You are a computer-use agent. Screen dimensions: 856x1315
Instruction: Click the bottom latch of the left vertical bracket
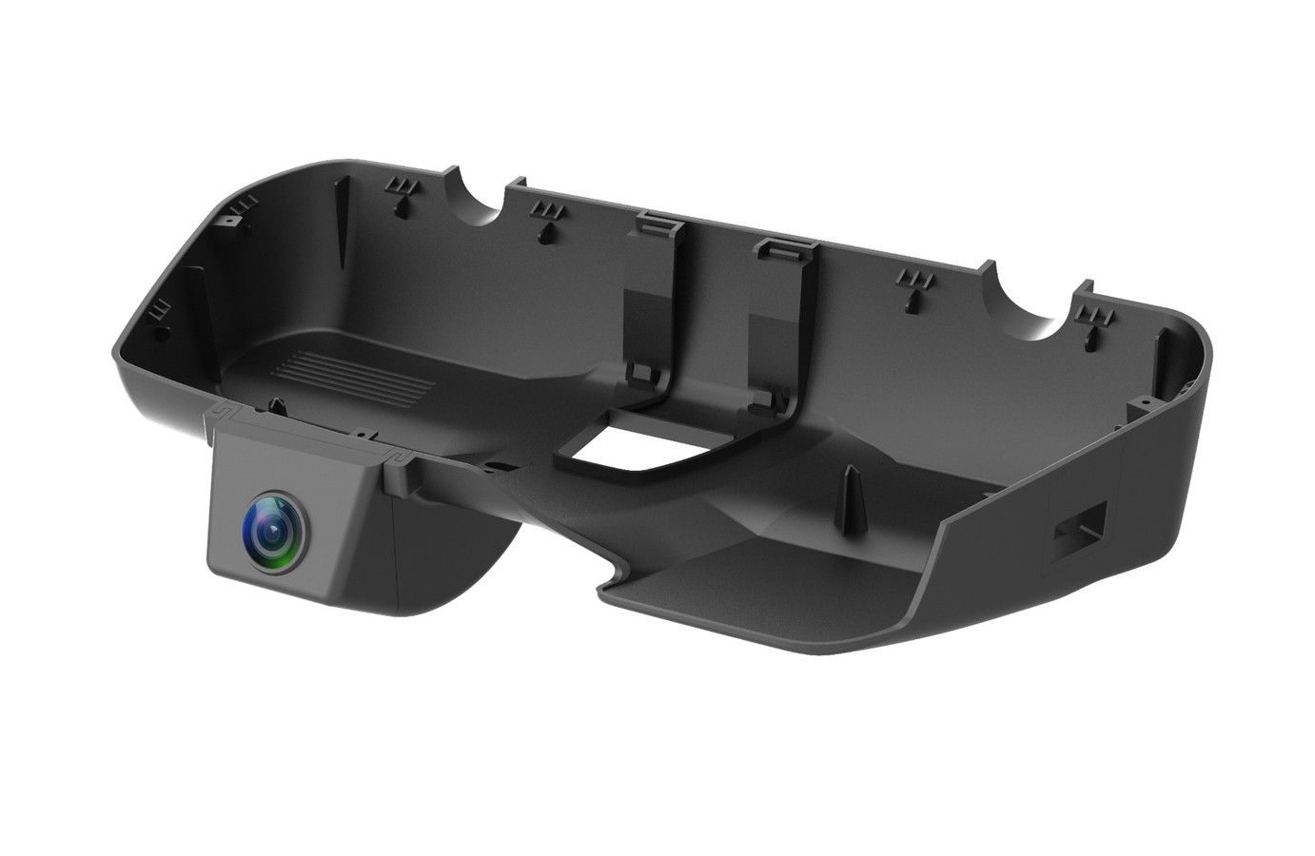(x=643, y=375)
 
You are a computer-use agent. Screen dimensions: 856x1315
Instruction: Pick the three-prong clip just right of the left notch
(x=547, y=215)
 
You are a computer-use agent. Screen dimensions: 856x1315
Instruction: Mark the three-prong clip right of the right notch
(x=1097, y=319)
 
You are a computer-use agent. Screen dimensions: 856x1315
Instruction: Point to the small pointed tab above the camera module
(x=275, y=405)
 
